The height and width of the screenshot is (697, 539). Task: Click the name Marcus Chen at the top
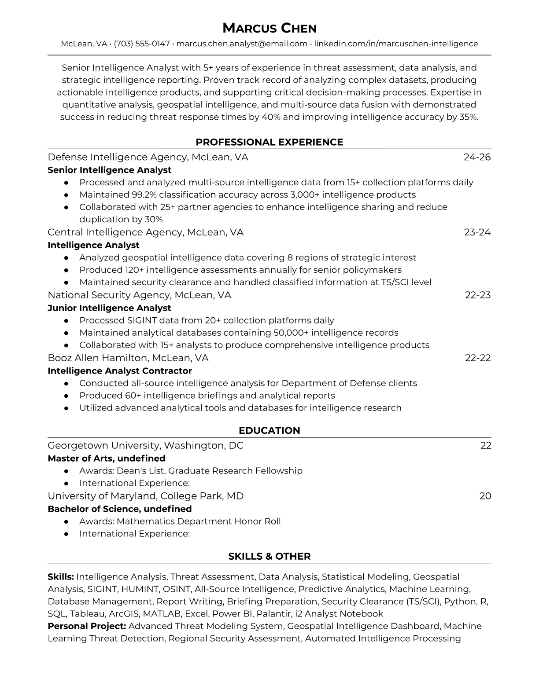269,29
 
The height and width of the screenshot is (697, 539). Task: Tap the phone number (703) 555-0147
142,44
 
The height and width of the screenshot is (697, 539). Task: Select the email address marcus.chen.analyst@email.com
242,44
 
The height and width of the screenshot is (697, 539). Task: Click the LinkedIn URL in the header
396,44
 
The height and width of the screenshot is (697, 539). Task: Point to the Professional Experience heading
269,142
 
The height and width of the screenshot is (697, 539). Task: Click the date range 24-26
477,157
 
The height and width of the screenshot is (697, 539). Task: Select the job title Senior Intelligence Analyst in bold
110,170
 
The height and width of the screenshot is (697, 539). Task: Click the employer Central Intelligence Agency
114,232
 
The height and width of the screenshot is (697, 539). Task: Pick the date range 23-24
477,232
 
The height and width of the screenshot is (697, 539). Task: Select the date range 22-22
478,358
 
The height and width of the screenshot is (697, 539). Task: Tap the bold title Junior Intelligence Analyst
109,308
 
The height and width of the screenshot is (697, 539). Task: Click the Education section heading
269,431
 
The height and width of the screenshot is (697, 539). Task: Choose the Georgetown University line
145,445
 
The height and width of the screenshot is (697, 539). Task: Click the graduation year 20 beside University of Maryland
485,496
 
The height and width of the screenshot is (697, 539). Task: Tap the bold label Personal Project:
87,626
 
